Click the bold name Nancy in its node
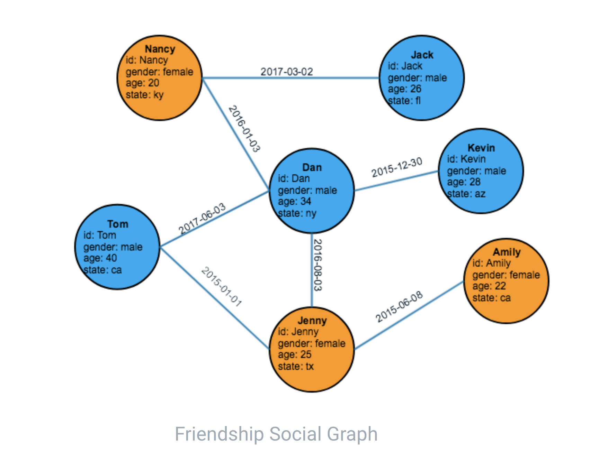tap(160, 49)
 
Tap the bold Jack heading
tap(422, 55)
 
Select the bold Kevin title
tap(481, 148)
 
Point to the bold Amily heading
tap(507, 252)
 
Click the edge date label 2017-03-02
tap(287, 72)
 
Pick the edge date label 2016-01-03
tap(244, 129)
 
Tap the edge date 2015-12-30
tap(397, 167)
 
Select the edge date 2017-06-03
tap(202, 218)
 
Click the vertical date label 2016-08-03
tap(318, 265)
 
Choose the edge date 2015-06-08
tap(399, 306)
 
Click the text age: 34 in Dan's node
tap(294, 201)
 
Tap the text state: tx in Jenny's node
tap(296, 366)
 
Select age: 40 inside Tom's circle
tap(100, 258)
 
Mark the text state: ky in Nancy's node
tap(144, 95)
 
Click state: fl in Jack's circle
tap(404, 101)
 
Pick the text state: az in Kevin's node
tap(466, 194)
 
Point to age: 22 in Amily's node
tap(489, 286)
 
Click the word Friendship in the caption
tap(219, 434)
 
